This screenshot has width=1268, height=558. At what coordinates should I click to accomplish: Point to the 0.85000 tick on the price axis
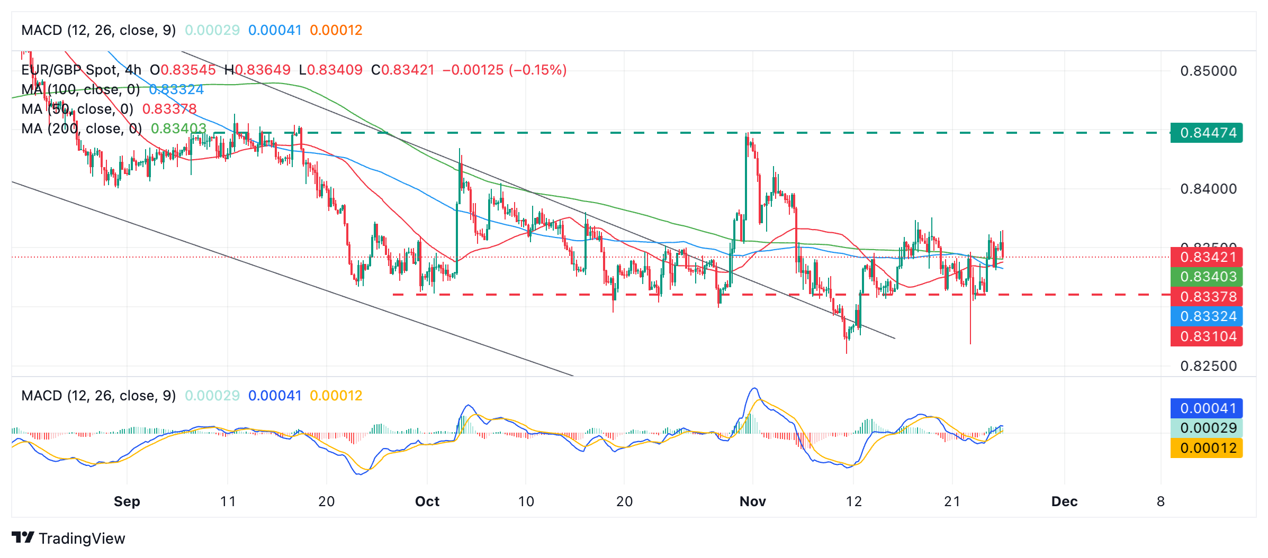point(1208,71)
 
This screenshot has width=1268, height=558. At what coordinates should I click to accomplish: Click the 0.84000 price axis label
point(1208,189)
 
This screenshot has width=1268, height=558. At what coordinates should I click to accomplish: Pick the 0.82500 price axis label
point(1208,366)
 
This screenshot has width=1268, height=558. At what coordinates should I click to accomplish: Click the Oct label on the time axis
point(427,501)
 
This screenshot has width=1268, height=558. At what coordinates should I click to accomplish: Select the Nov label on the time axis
point(752,501)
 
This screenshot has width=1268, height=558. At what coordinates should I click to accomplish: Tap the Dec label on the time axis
point(1064,501)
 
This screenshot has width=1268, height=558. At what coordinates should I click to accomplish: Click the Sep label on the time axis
point(127,501)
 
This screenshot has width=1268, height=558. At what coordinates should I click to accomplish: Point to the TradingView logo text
point(82,538)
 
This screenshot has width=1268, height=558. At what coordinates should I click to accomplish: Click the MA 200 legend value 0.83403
point(178,129)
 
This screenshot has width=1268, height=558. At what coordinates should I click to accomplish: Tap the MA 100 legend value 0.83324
point(176,89)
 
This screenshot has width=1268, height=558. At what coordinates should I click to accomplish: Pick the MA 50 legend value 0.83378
point(169,109)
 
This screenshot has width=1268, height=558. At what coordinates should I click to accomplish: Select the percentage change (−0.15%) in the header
point(537,70)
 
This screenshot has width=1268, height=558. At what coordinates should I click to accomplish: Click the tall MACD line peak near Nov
point(754,389)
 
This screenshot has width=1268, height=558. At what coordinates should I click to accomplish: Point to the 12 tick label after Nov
point(853,501)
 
